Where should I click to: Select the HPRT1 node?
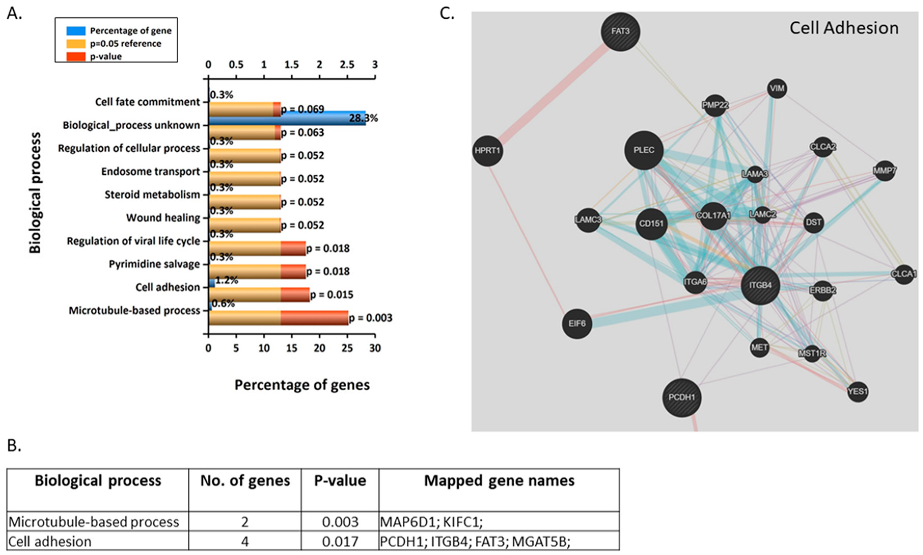[x=487, y=151]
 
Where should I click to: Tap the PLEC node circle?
[x=644, y=150]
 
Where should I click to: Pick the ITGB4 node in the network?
[x=760, y=286]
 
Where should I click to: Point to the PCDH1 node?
[x=681, y=397]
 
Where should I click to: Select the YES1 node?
[x=858, y=392]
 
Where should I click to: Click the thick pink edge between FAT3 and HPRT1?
[x=554, y=92]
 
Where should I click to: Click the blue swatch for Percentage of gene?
[x=76, y=31]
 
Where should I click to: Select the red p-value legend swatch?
[x=76, y=57]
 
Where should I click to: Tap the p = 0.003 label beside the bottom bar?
[x=370, y=318]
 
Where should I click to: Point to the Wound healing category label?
[x=163, y=218]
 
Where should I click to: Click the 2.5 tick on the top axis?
[x=347, y=65]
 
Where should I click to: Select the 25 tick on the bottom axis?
[x=347, y=348]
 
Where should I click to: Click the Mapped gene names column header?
[x=499, y=481]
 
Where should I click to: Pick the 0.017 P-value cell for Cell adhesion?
[x=340, y=541]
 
